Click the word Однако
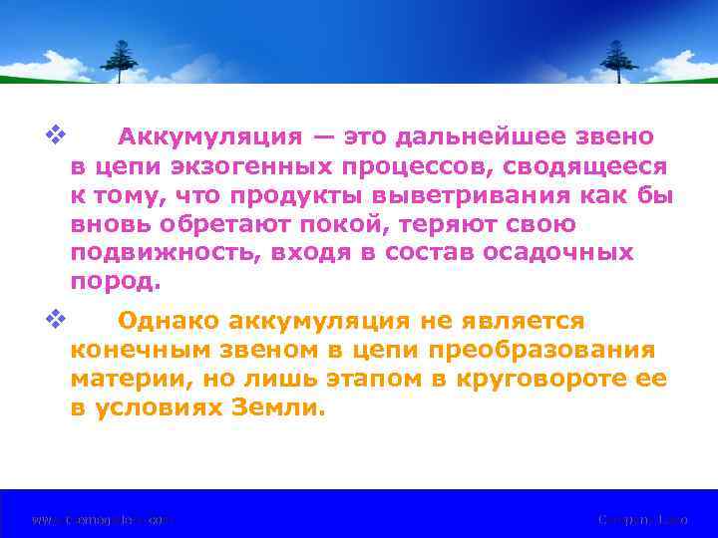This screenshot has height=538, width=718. click(x=168, y=321)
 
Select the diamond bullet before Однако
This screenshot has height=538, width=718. click(x=54, y=319)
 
